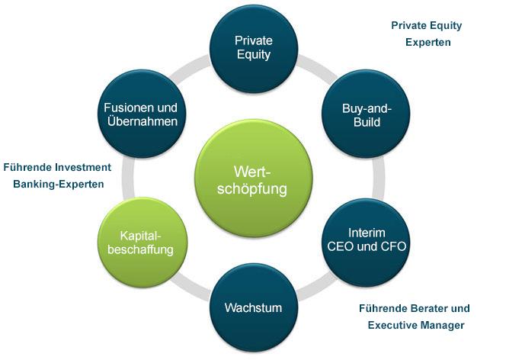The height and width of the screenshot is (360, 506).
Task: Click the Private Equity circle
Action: [x=254, y=49]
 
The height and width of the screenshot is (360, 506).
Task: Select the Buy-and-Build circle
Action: [x=366, y=114]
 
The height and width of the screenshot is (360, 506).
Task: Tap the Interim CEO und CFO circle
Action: [x=366, y=243]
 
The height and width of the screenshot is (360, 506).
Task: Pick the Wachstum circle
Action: [x=254, y=307]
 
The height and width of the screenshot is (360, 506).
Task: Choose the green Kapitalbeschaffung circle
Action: [x=143, y=243]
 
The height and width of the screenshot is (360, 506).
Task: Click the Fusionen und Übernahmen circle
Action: [x=142, y=114]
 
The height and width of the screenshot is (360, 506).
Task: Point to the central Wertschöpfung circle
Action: [x=254, y=178]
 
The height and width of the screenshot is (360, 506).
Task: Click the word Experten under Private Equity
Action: [x=428, y=42]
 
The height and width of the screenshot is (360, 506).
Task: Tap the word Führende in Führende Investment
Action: [x=27, y=167]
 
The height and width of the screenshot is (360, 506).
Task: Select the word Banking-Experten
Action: [x=59, y=184]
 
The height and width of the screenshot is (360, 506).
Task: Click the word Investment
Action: [x=83, y=167]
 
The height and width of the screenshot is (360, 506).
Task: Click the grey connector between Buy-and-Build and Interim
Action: [x=378, y=178]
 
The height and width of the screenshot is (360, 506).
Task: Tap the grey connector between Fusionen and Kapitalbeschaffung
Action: [x=129, y=178]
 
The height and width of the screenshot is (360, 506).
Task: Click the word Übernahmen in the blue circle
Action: [x=143, y=121]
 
